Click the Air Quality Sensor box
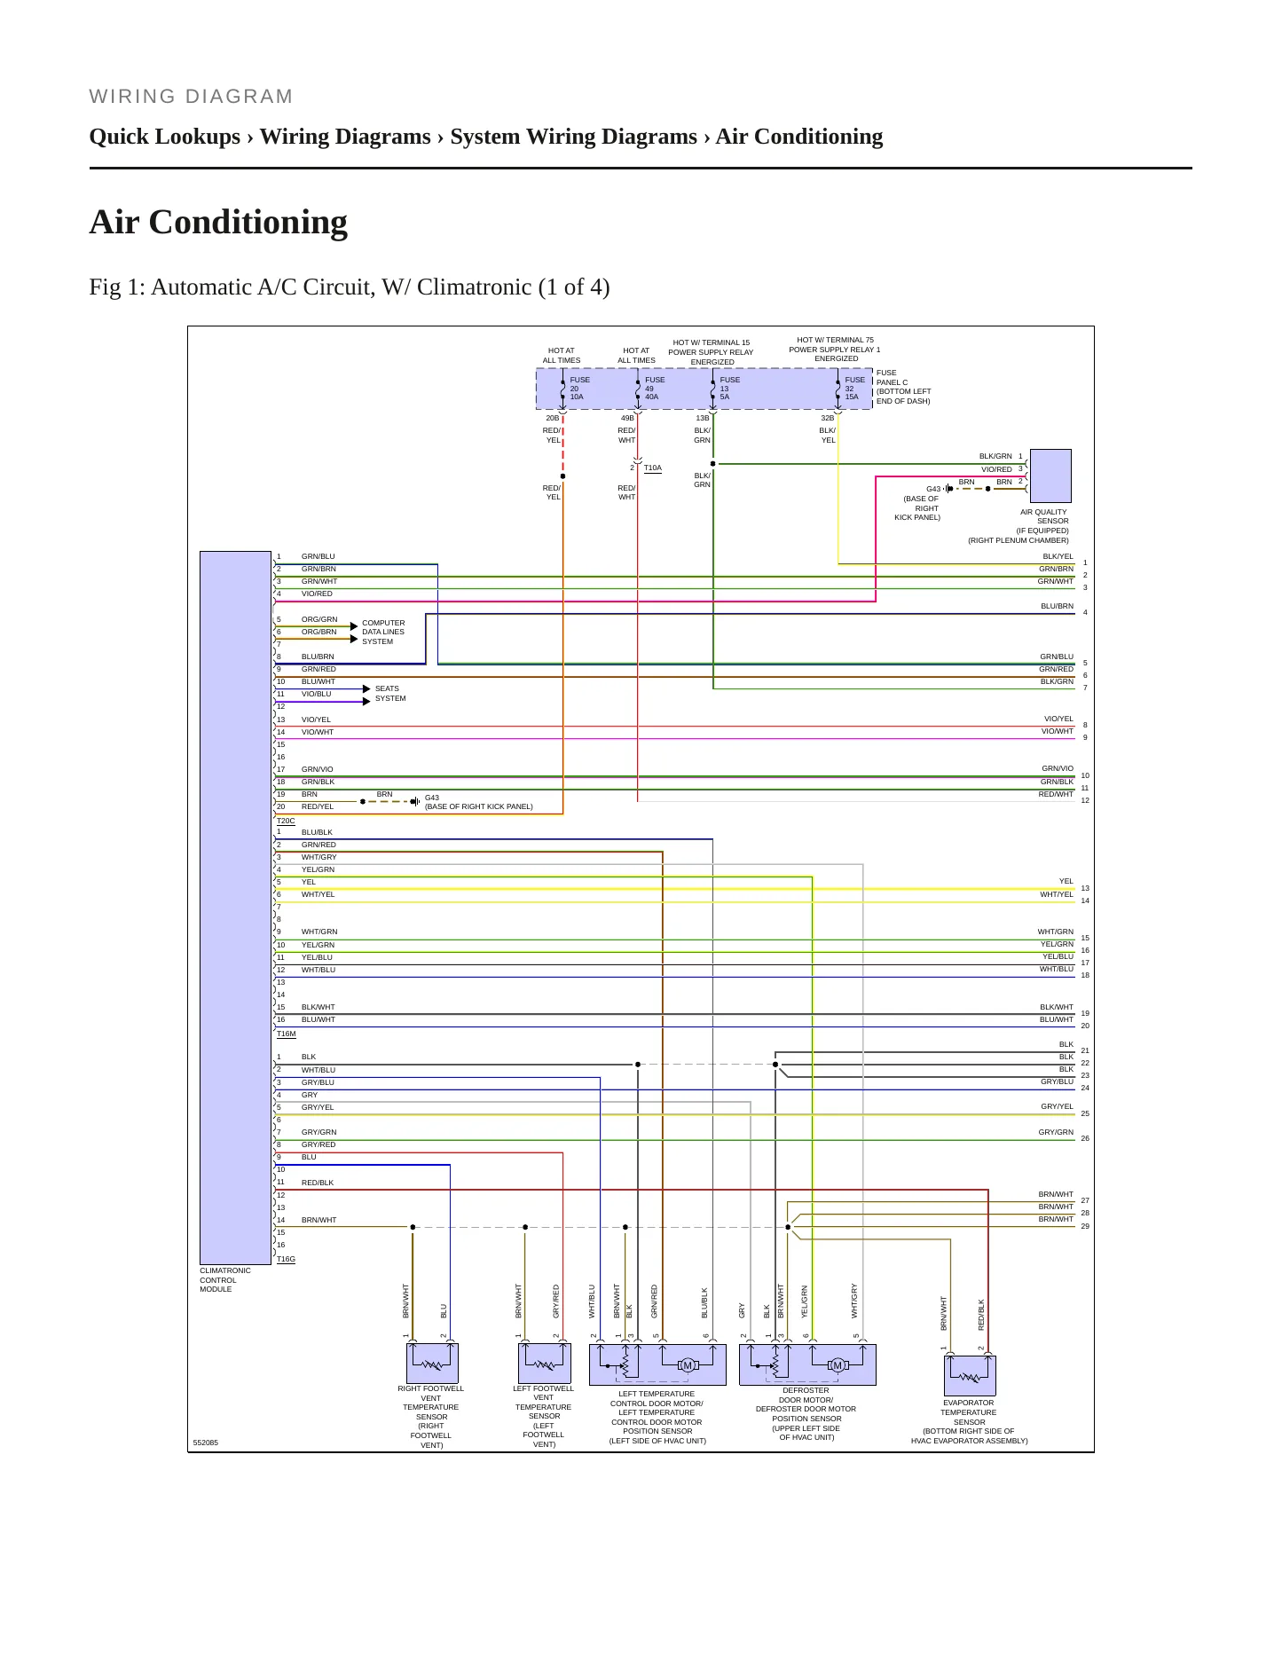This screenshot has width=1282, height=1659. coord(1050,476)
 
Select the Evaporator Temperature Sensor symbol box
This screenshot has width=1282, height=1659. coord(970,1376)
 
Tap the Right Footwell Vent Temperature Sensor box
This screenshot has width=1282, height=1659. coord(432,1364)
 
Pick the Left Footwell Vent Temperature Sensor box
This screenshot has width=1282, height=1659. coord(544,1364)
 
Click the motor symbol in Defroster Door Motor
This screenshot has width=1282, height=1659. coord(837,1365)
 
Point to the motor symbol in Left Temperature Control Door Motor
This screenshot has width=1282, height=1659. coord(687,1365)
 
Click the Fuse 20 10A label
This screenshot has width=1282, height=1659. coord(579,389)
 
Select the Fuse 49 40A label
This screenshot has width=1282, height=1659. coord(655,389)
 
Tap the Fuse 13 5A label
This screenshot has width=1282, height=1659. coord(729,389)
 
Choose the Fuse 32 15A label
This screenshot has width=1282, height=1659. coord(854,389)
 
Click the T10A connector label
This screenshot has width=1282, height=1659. coord(653,468)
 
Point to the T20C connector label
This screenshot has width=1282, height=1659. coord(286,822)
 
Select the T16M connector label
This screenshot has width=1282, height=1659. coord(286,1034)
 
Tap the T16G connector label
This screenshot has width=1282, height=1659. coord(286,1259)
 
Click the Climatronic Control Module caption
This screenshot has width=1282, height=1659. coord(225,1280)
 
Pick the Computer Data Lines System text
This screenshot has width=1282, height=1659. coord(383,632)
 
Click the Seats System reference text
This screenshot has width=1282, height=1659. coord(390,694)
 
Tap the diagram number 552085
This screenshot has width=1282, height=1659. coord(205,1443)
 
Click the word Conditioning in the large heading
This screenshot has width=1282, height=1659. coord(248,223)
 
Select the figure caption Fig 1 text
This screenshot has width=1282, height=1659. coord(350,287)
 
